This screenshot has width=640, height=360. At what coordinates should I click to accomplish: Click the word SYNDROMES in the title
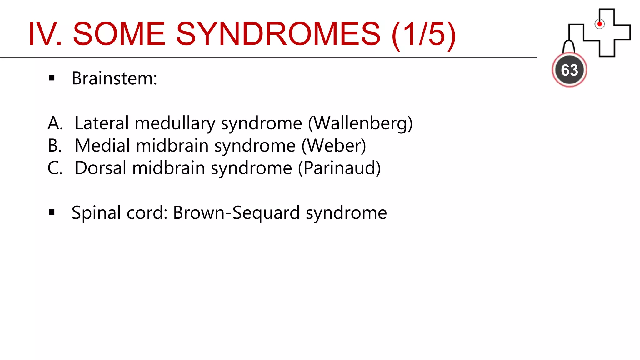[x=278, y=34]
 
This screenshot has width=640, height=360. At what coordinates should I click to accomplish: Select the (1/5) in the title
[x=424, y=34]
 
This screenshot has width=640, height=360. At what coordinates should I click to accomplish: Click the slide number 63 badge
[x=569, y=70]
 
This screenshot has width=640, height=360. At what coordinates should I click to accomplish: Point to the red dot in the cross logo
[x=599, y=24]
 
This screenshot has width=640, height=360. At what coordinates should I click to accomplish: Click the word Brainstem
[x=114, y=78]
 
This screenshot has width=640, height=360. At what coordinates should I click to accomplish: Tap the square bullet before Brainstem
[x=52, y=78]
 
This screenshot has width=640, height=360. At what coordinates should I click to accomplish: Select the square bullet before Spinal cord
[x=52, y=213]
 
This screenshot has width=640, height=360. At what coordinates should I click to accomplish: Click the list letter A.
[x=55, y=123]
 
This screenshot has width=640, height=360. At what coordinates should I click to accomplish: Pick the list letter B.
[x=55, y=146]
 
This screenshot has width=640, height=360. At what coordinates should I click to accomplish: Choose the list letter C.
[x=55, y=168]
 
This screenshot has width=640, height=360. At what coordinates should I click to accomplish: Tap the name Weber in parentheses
[x=334, y=146]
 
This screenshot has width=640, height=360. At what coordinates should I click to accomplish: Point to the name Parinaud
[x=339, y=168]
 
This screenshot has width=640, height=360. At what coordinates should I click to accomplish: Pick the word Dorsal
[x=101, y=168]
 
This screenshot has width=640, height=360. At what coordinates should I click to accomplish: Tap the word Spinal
[x=96, y=213]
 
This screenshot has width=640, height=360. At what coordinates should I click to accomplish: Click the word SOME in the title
[x=119, y=34]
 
